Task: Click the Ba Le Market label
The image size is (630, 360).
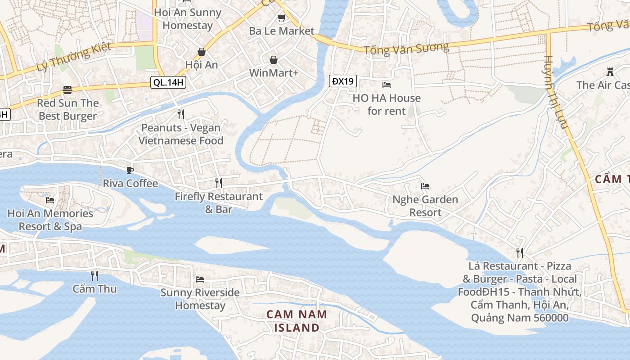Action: [x=282, y=31]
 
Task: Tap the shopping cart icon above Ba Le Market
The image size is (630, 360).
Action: [x=281, y=18]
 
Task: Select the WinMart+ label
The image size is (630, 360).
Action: [x=274, y=72]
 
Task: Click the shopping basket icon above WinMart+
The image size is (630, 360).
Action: [x=274, y=60]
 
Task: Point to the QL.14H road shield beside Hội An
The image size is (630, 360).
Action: [x=168, y=82]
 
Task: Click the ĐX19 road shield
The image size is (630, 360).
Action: [x=343, y=81]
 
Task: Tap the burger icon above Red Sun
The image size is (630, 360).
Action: [x=67, y=90]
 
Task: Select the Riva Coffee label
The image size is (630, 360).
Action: [x=130, y=183]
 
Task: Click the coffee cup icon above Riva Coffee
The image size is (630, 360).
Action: [x=130, y=170]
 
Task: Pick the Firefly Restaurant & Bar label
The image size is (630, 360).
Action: [x=219, y=202]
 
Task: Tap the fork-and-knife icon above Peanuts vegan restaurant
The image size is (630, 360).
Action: [x=180, y=114]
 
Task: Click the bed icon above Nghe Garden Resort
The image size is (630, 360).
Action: [x=425, y=186]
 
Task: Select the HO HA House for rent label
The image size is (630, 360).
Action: [x=387, y=104]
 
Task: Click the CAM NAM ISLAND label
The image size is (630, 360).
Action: [x=297, y=321]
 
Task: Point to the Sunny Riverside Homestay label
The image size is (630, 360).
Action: [x=200, y=299]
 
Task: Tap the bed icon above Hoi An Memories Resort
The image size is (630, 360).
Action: [x=50, y=200]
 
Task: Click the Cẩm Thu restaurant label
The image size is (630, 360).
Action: [x=94, y=288]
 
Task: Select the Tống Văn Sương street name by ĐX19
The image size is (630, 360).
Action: [x=406, y=48]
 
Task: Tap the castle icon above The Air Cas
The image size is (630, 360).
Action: [x=610, y=72]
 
